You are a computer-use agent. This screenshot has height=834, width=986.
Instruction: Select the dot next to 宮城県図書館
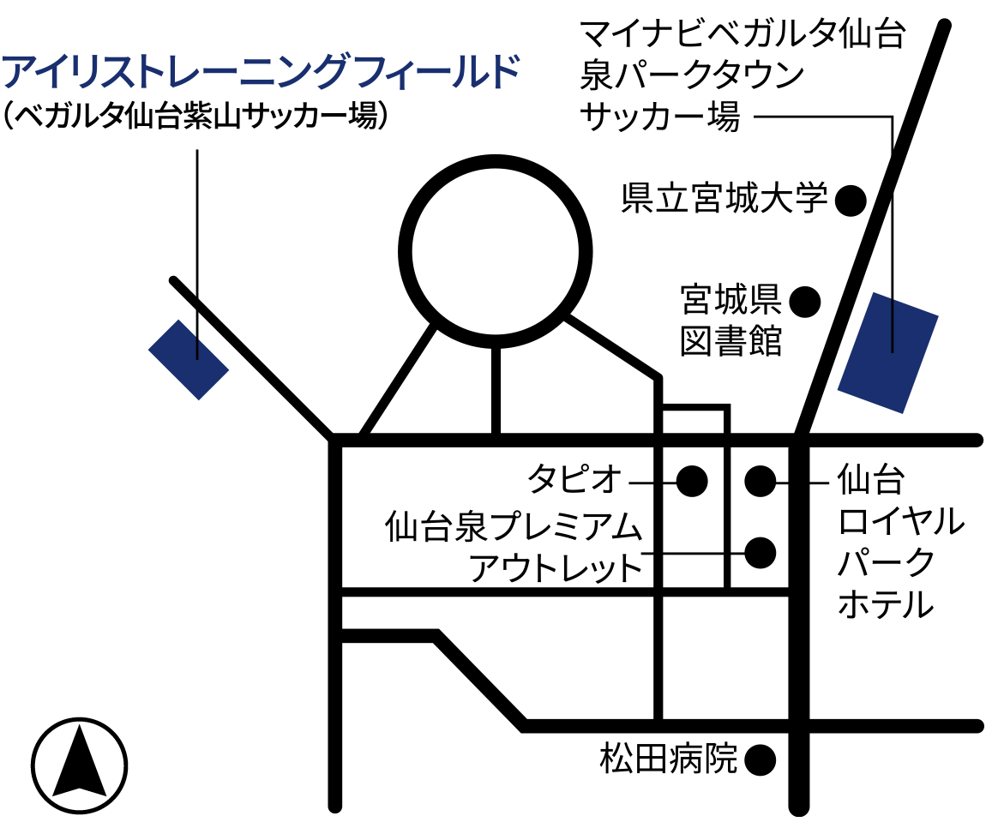pyautogui.click(x=804, y=300)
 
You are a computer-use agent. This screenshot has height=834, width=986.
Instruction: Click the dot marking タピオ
pyautogui.click(x=691, y=481)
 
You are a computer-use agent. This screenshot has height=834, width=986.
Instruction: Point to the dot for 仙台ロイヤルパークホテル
pyautogui.click(x=760, y=481)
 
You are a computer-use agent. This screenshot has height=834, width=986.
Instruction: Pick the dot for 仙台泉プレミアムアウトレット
pyautogui.click(x=760, y=552)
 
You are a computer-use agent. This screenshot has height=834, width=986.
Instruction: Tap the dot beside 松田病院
pyautogui.click(x=760, y=759)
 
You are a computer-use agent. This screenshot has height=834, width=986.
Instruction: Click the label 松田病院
pyautogui.click(x=669, y=759)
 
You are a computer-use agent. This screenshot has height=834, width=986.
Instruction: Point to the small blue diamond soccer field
pyautogui.click(x=189, y=359)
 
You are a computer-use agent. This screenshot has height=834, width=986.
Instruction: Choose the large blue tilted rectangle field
pyautogui.click(x=888, y=352)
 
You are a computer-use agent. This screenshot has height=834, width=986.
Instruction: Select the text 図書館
pyautogui.click(x=730, y=341)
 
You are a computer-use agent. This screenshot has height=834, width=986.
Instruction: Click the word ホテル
pyautogui.click(x=885, y=604)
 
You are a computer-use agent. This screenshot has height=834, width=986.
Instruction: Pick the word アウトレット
pyautogui.click(x=556, y=568)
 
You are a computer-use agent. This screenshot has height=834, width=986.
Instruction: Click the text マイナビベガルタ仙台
pyautogui.click(x=743, y=35)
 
